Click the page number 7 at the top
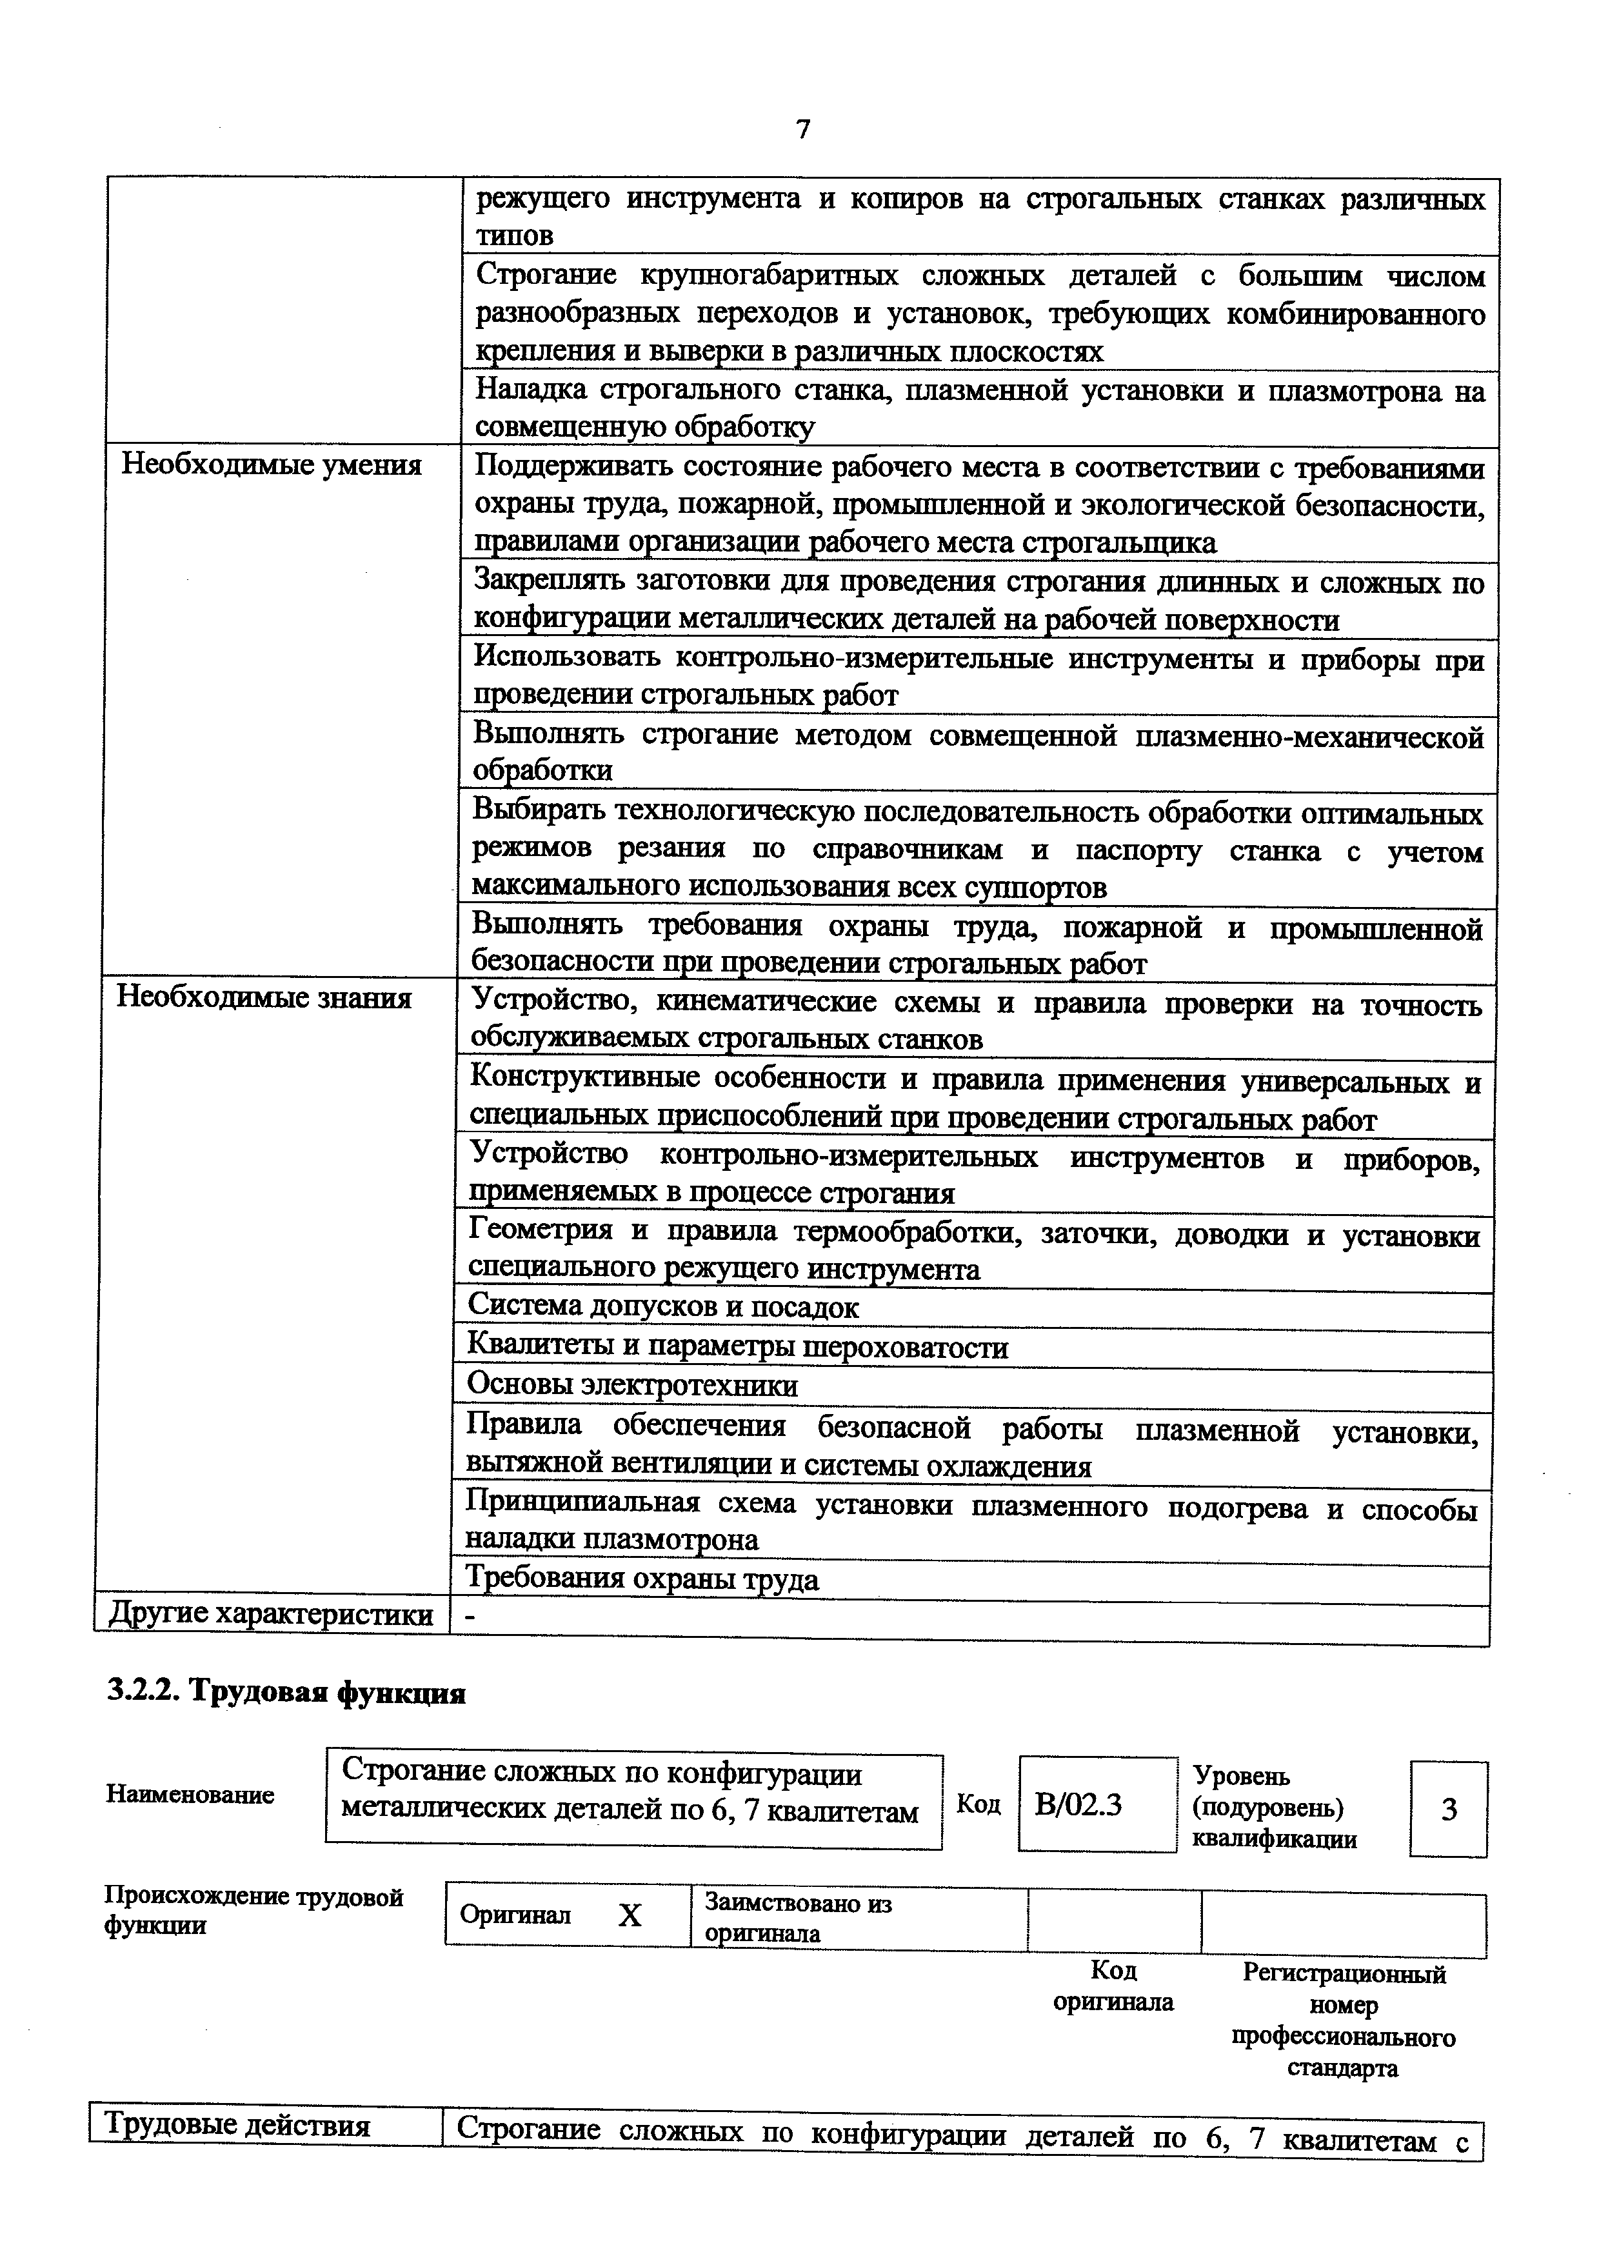click(x=803, y=129)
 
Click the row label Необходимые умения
click(x=271, y=464)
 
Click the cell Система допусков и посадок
click(x=663, y=1307)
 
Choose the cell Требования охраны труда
click(x=642, y=1579)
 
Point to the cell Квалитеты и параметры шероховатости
click(x=738, y=1346)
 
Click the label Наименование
click(x=190, y=1795)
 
